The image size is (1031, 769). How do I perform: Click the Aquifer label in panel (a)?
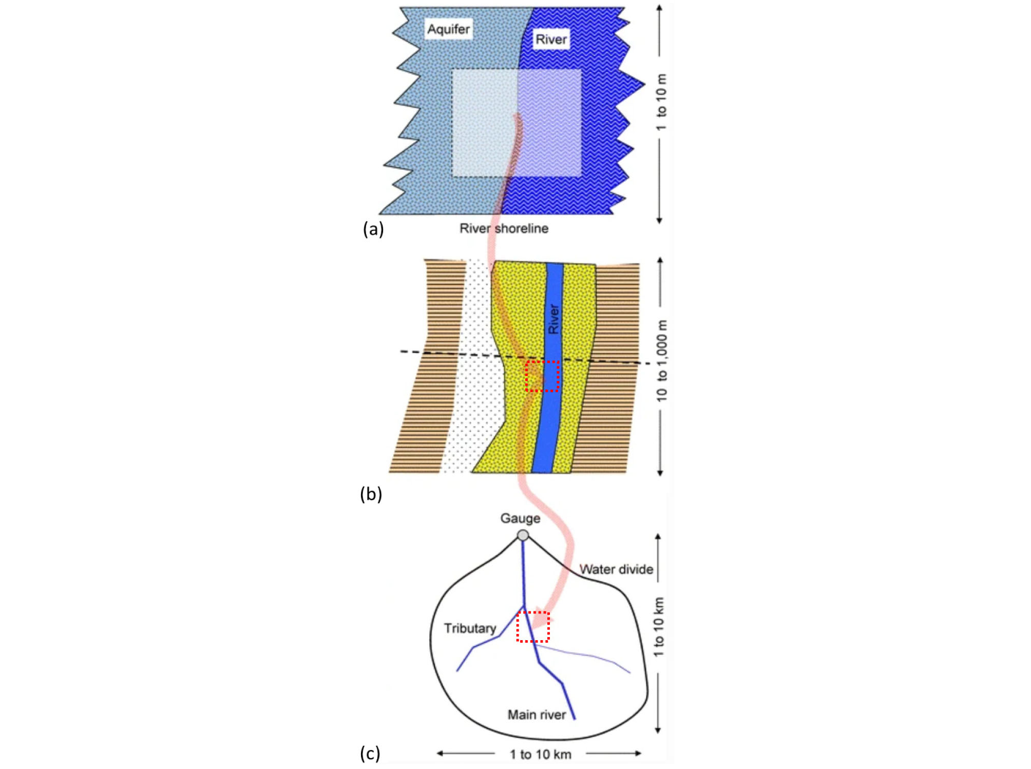pyautogui.click(x=448, y=29)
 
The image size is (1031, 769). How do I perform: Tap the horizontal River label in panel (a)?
pyautogui.click(x=551, y=40)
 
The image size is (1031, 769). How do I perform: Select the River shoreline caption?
pyautogui.click(x=504, y=228)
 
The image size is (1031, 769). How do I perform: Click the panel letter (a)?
pyautogui.click(x=373, y=229)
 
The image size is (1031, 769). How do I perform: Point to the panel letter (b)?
pyautogui.click(x=371, y=494)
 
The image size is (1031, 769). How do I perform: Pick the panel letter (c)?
pyautogui.click(x=370, y=753)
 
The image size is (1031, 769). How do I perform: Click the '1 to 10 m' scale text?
pyautogui.click(x=661, y=102)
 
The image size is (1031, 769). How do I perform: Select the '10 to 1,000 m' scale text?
pyautogui.click(x=661, y=361)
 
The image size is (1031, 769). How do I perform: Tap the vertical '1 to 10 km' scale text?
pyautogui.click(x=658, y=627)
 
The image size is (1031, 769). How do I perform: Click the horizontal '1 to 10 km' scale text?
pyautogui.click(x=540, y=754)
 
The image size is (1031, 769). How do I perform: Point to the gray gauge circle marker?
pyautogui.click(x=523, y=535)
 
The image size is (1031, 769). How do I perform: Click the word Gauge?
pyautogui.click(x=520, y=518)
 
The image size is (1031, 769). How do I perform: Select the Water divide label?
pyautogui.click(x=616, y=569)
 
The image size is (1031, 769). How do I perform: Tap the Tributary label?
pyautogui.click(x=470, y=628)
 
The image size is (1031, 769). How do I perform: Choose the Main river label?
pyautogui.click(x=537, y=715)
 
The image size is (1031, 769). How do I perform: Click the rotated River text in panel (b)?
pyautogui.click(x=553, y=319)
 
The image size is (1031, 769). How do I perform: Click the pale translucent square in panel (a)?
pyautogui.click(x=517, y=123)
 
